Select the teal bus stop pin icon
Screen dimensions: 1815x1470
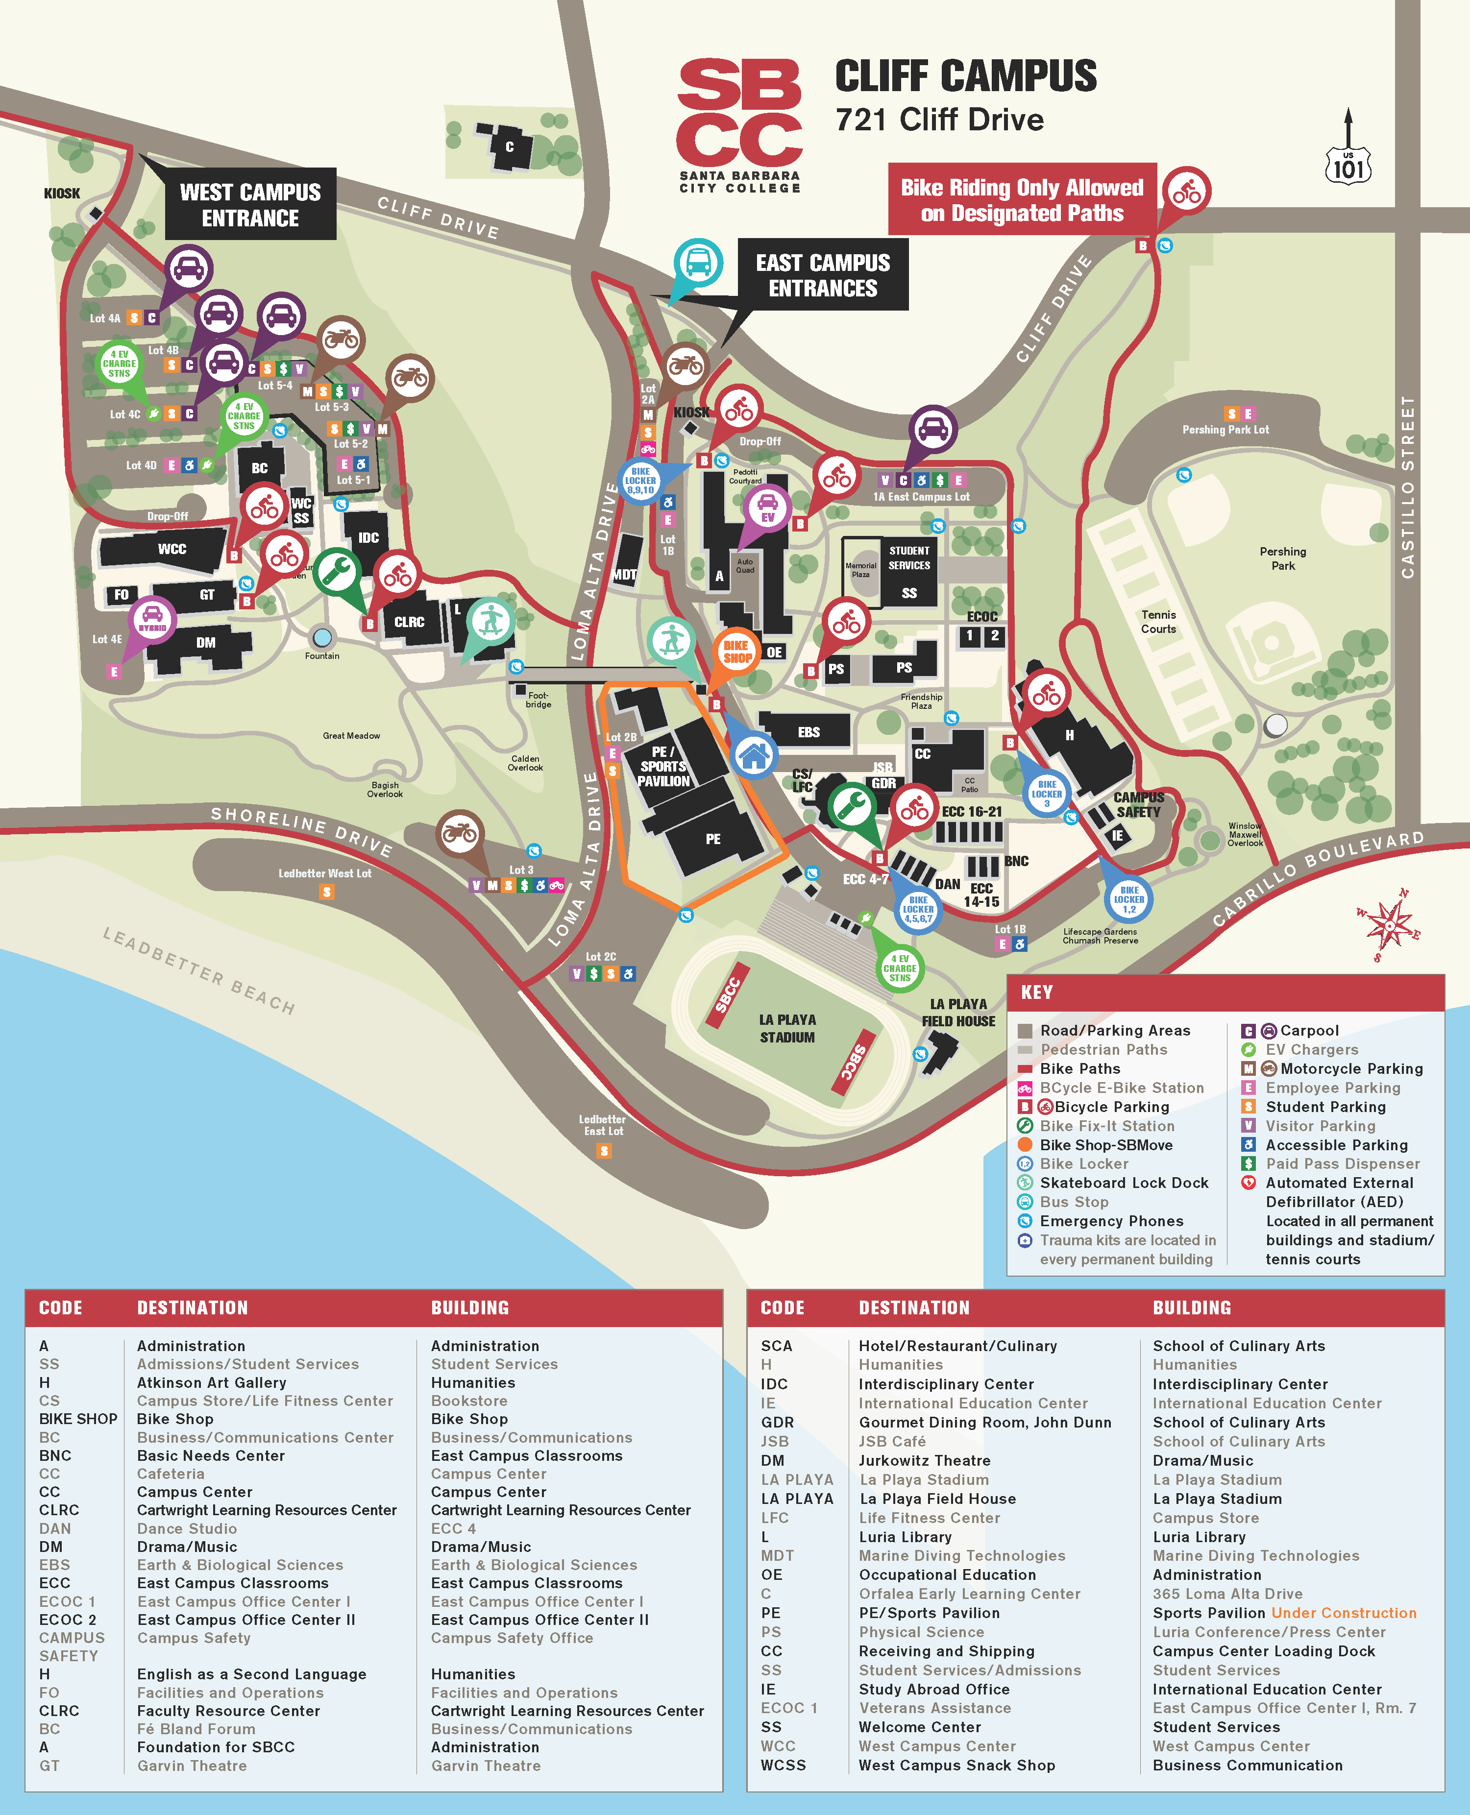pyautogui.click(x=698, y=263)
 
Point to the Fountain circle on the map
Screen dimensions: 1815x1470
pyautogui.click(x=322, y=637)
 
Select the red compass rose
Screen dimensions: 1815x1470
pyautogui.click(x=1389, y=924)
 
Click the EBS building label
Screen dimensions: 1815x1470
pyautogui.click(x=808, y=732)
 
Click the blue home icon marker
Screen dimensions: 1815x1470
pyautogui.click(x=753, y=754)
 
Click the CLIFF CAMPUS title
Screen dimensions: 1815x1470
pyautogui.click(x=965, y=76)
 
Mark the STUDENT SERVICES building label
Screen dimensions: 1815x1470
pyautogui.click(x=908, y=558)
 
